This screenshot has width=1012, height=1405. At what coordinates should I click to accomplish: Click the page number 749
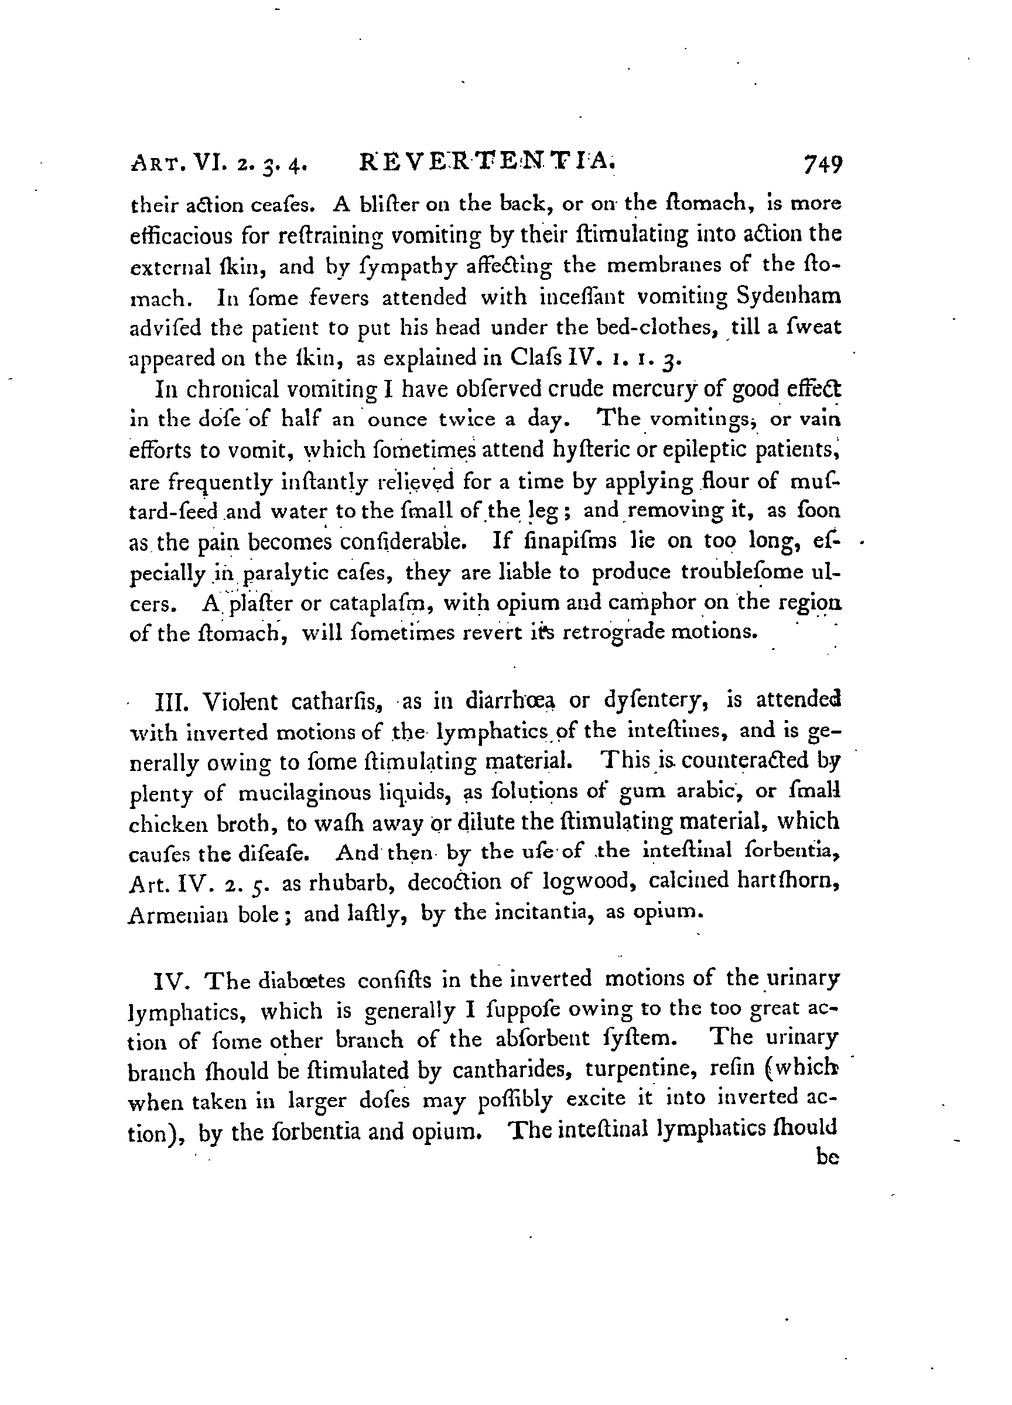tap(822, 166)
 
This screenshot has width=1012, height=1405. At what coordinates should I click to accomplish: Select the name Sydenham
tap(788, 297)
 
